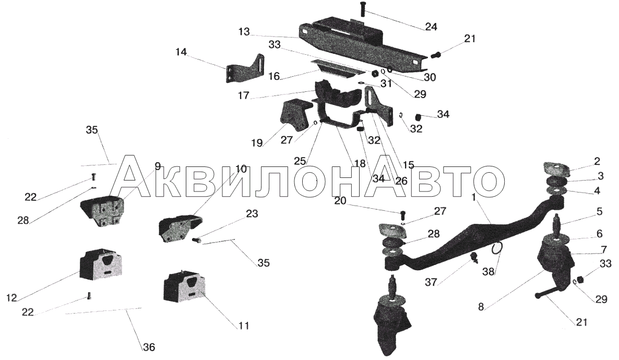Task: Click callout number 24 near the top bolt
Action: coord(431,27)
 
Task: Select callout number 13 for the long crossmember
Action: coord(244,32)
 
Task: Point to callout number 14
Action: coord(181,52)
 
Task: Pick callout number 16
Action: coord(273,76)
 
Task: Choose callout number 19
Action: coord(257,142)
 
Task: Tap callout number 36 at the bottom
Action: coord(149,347)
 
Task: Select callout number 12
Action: coord(11,297)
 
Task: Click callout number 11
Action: coord(244,326)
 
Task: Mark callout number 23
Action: coord(252,213)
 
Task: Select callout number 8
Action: coord(481,306)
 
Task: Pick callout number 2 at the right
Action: coord(597,161)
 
